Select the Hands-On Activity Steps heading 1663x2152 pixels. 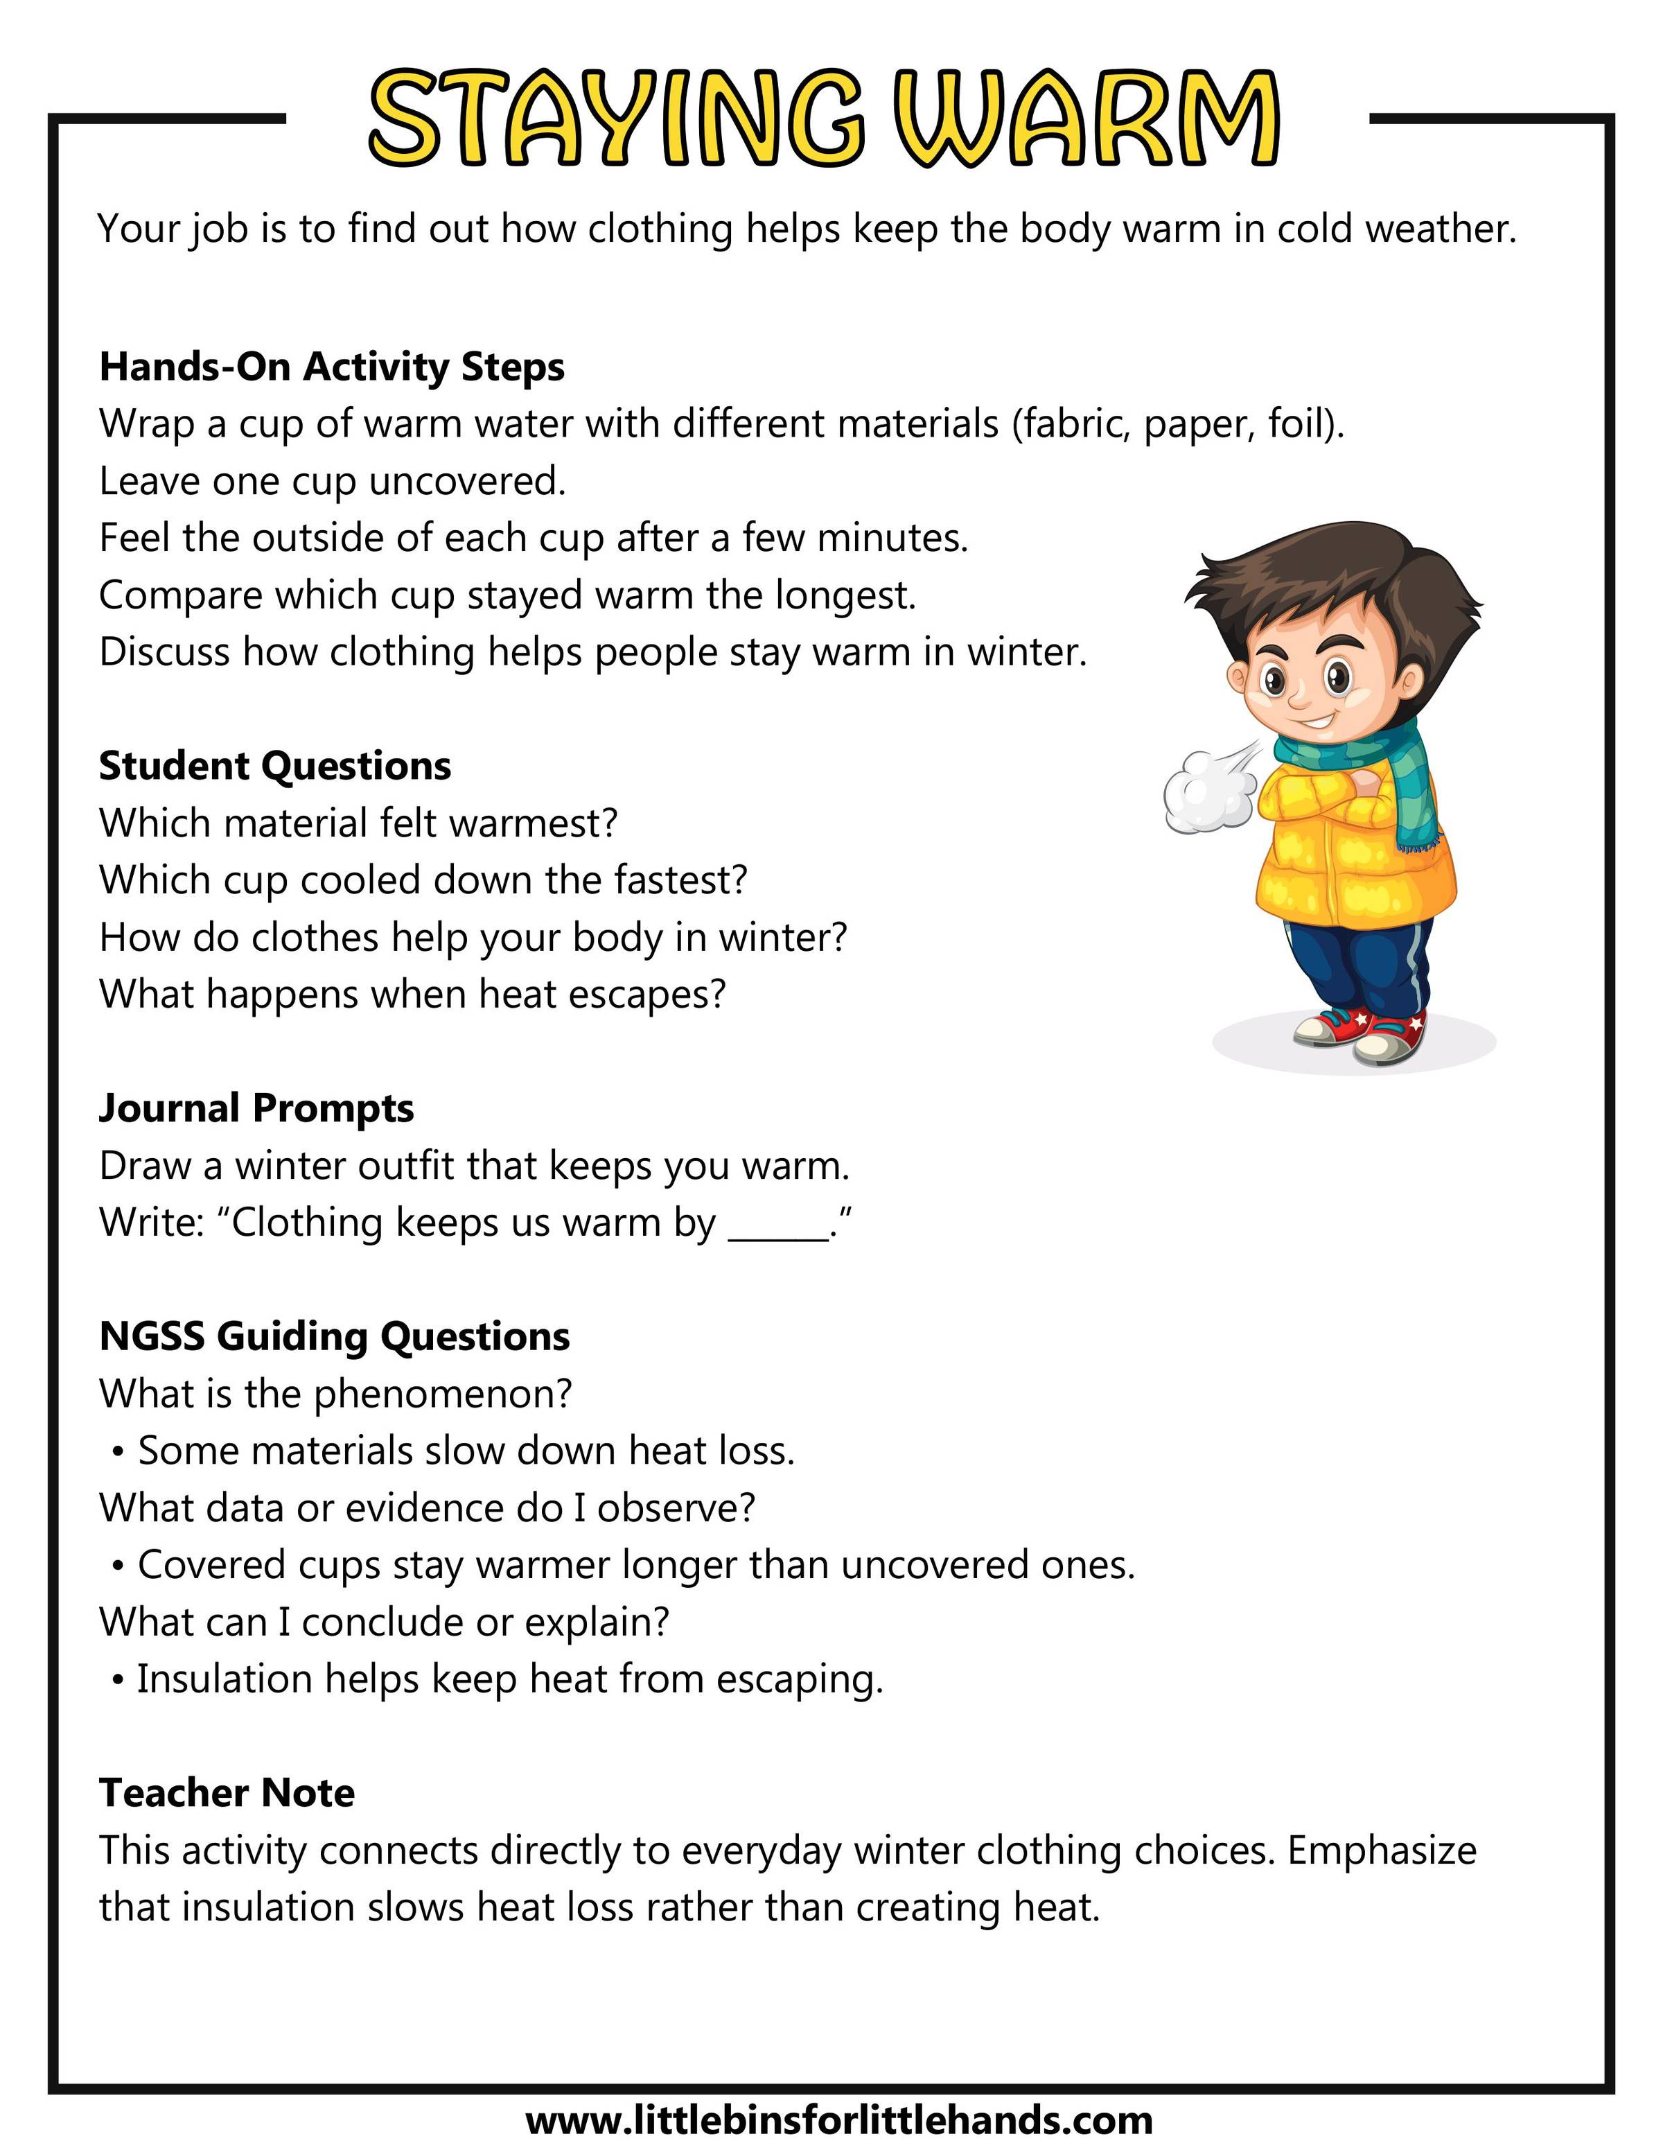[x=332, y=367]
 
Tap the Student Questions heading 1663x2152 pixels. [x=275, y=766]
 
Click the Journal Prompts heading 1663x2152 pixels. [x=256, y=1108]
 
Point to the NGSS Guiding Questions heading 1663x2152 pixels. [x=334, y=1336]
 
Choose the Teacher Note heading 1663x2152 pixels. [x=227, y=1792]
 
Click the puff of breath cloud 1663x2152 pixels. [x=1204, y=793]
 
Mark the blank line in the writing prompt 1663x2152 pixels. [x=778, y=1232]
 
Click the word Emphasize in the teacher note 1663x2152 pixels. [x=1381, y=1851]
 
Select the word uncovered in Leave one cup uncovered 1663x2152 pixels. [x=467, y=482]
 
